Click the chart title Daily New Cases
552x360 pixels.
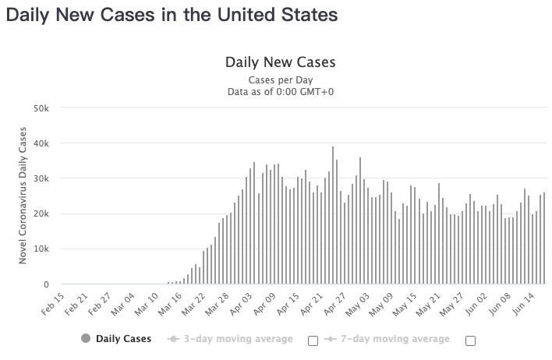(x=280, y=62)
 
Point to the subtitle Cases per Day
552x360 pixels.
(x=280, y=80)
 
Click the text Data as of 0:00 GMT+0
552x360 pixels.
(x=280, y=92)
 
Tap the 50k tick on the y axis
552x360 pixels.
(x=41, y=108)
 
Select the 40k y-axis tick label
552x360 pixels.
(x=41, y=143)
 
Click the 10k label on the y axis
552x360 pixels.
(x=41, y=249)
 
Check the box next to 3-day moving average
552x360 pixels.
(x=313, y=341)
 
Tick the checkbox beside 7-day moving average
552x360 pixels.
(x=470, y=341)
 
